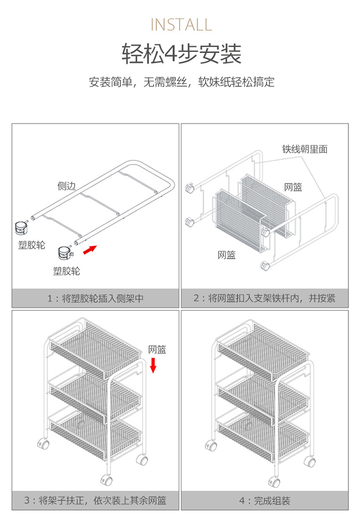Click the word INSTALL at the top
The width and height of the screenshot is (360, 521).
tap(181, 24)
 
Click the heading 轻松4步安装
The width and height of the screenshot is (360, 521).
tap(181, 54)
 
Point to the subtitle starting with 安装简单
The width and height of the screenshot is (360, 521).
tap(181, 82)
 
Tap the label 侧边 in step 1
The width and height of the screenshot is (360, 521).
tap(67, 186)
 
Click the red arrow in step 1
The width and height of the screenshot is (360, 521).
tap(89, 250)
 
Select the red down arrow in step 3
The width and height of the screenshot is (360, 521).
tap(153, 365)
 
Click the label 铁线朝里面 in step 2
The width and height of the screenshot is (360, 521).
tap(305, 149)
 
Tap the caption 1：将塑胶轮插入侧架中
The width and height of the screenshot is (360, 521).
tap(96, 298)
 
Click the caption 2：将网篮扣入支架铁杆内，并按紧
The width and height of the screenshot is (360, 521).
tap(264, 298)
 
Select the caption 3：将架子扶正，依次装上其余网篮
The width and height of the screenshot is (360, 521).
tap(96, 501)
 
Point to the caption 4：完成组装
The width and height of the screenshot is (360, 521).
tap(264, 501)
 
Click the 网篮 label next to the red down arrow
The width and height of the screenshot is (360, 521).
tap(157, 350)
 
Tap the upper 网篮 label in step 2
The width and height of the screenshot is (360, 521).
tap(293, 187)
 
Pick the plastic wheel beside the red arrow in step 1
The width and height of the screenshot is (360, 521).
tap(64, 253)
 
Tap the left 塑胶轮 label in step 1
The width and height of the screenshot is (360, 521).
tap(32, 245)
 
